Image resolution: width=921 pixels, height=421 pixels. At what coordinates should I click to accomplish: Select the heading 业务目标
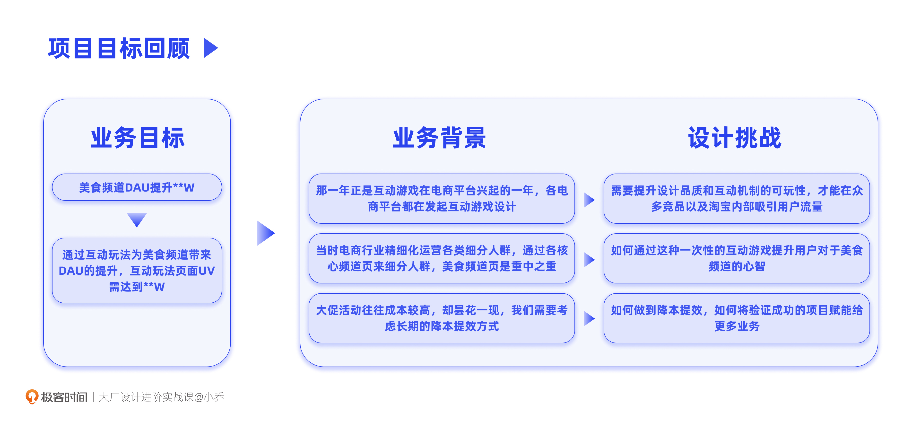(x=137, y=138)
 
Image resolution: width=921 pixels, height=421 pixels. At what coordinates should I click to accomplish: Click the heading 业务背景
(x=439, y=138)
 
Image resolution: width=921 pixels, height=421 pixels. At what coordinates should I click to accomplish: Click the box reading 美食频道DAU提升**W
(x=137, y=187)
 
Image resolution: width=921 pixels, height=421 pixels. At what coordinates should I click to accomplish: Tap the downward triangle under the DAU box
(x=137, y=219)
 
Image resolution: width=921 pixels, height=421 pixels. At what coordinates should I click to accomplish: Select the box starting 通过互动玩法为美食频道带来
(x=137, y=270)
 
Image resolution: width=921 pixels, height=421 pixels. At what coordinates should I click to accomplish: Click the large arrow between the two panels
(x=265, y=233)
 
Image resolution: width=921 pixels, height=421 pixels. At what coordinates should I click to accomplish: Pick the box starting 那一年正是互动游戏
(x=442, y=199)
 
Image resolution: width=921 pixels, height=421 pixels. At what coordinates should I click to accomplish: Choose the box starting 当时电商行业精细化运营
(x=442, y=258)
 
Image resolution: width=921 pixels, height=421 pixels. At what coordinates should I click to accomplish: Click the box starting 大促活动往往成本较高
(x=442, y=318)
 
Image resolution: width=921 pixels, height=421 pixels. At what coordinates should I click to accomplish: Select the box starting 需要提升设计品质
(x=737, y=199)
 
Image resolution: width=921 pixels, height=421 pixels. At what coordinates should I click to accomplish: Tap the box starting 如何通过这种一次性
(x=737, y=258)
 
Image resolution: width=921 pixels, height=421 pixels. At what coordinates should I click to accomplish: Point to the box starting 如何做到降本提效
(x=737, y=318)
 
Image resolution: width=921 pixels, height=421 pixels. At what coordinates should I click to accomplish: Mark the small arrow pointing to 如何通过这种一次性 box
(x=589, y=260)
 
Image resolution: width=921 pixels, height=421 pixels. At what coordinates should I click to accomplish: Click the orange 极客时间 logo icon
(x=32, y=396)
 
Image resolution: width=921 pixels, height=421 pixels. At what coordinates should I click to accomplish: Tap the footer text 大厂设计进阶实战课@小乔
(x=161, y=397)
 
